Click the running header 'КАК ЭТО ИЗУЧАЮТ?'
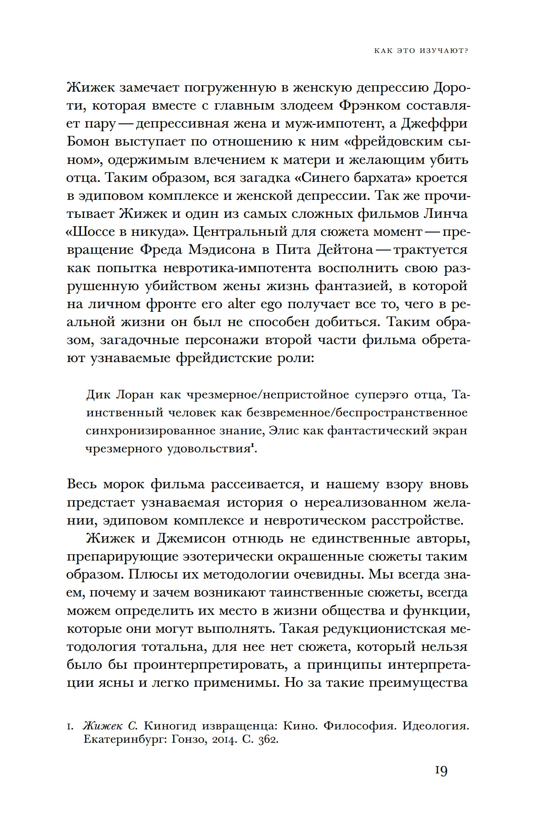point(421,51)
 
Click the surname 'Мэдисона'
point(222,250)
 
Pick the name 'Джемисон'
point(191,539)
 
